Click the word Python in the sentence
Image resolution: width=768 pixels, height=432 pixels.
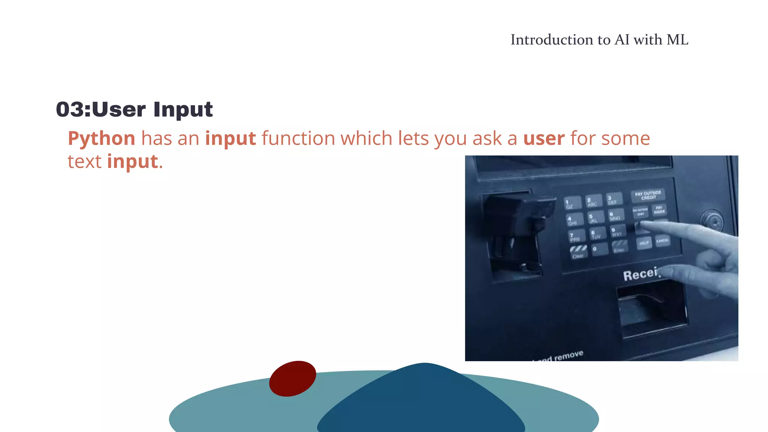(101, 138)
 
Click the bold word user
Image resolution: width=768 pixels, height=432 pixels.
(544, 138)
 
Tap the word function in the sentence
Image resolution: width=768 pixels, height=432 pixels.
(298, 138)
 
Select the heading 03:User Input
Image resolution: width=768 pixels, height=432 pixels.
(134, 109)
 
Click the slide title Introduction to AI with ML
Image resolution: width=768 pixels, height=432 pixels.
(599, 40)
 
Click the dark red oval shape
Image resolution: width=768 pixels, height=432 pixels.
(292, 378)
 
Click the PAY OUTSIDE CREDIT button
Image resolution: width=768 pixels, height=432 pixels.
(648, 195)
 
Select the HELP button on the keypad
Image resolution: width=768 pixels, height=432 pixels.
(644, 243)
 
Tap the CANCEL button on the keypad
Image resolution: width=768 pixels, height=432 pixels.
(662, 240)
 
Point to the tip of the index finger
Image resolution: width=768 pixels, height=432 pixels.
(642, 225)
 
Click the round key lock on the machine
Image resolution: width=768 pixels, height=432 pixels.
(711, 220)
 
